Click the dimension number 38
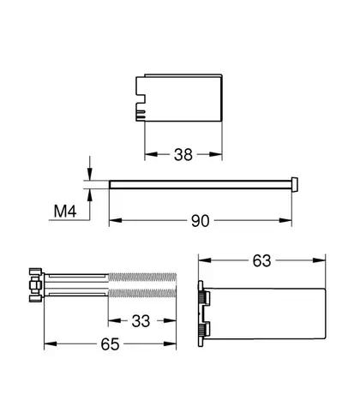[x=183, y=154]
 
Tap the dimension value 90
[x=201, y=221]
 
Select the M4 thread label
[x=65, y=212]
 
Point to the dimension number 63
[x=261, y=260]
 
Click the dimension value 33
[x=141, y=321]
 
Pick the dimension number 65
[x=110, y=344]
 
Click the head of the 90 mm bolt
[x=294, y=184]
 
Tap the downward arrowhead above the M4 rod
[x=90, y=174]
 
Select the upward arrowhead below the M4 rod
[x=90, y=195]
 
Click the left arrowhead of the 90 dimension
[x=116, y=220]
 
